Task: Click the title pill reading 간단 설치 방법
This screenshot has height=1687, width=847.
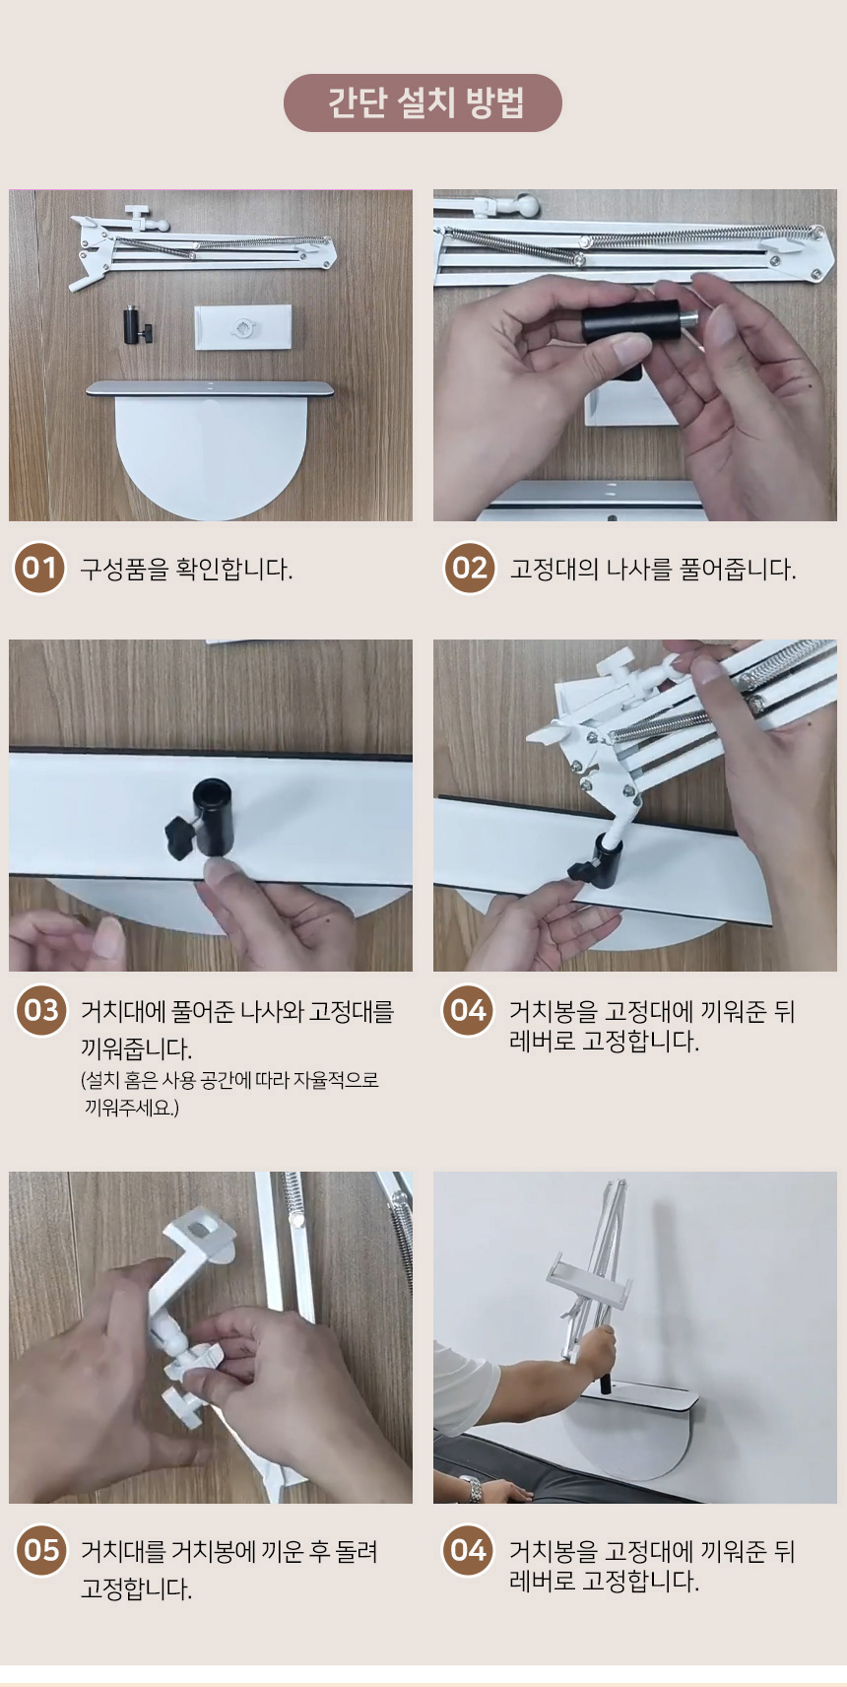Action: [x=423, y=103]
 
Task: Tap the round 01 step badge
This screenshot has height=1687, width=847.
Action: [x=40, y=568]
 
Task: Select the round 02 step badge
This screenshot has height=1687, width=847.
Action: [x=470, y=568]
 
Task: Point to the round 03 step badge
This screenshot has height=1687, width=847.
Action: [x=41, y=1011]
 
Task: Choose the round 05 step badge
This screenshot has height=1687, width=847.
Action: [x=41, y=1550]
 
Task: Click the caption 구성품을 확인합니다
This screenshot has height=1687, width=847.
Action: [x=187, y=569]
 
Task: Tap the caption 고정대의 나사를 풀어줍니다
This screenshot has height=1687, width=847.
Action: [x=653, y=569]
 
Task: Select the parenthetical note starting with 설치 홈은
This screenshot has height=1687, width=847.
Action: [x=229, y=1094]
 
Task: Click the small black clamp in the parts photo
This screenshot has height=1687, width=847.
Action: [x=137, y=324]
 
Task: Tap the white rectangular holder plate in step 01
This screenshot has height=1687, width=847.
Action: [x=242, y=327]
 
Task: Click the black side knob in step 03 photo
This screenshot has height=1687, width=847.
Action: [x=180, y=836]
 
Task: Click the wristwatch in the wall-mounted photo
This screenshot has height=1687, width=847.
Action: [x=472, y=1488]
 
